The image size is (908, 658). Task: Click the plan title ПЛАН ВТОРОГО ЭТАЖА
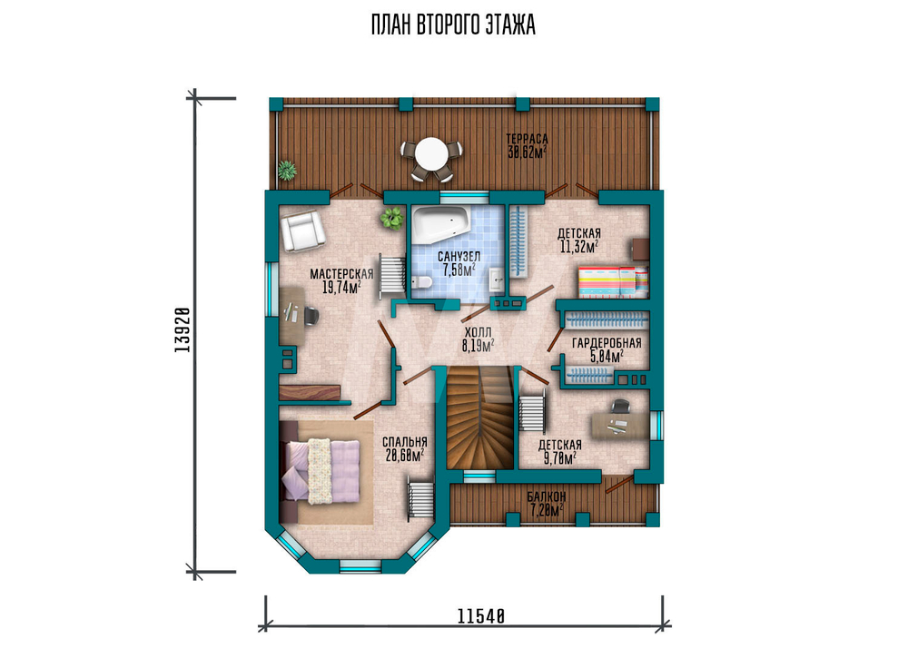pos(453,25)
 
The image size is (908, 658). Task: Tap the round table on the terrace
pos(431,152)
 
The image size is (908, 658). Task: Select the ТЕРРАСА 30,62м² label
pos(527,146)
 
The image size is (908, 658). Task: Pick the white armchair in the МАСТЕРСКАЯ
pos(301,231)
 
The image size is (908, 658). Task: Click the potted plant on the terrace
pos(286,171)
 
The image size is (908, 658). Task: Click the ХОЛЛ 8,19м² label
pos(478,339)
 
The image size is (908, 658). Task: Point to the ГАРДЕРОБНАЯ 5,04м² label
pos(607,349)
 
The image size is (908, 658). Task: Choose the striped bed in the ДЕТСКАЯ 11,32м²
pos(613,282)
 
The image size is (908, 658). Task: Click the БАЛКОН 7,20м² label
pos(547,504)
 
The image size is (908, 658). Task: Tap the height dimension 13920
pos(182,329)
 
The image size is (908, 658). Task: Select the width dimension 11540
pos(481,616)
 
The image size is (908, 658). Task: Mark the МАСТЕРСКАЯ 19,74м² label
pos(341,280)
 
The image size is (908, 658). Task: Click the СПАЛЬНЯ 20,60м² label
pos(405,448)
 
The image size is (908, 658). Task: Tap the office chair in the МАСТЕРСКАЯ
pos(311,316)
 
